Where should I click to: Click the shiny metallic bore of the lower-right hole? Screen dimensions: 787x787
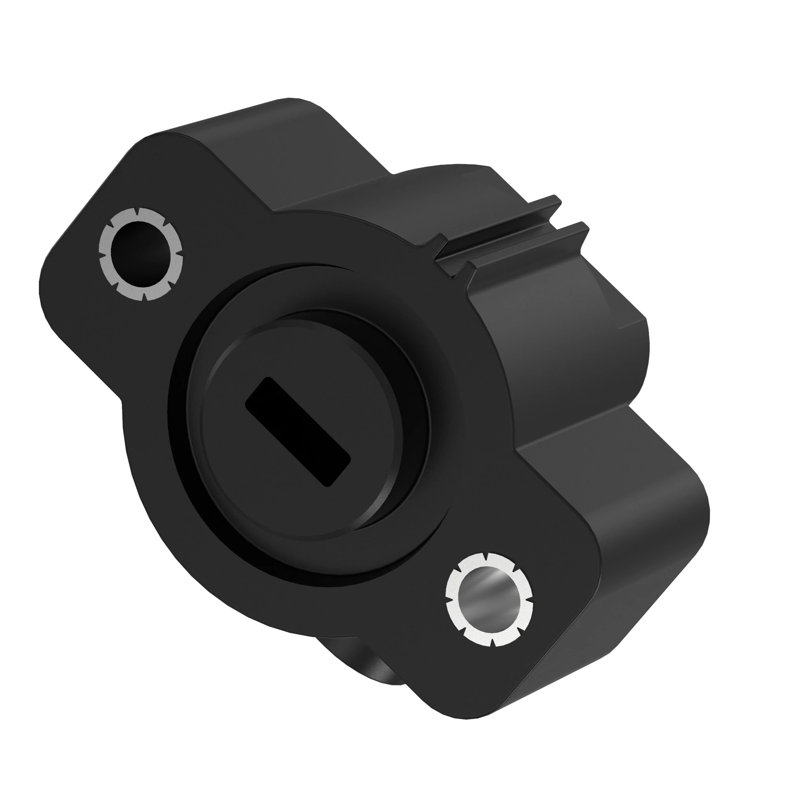tap(488, 599)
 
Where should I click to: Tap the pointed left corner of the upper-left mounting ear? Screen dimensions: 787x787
tap(43, 281)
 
